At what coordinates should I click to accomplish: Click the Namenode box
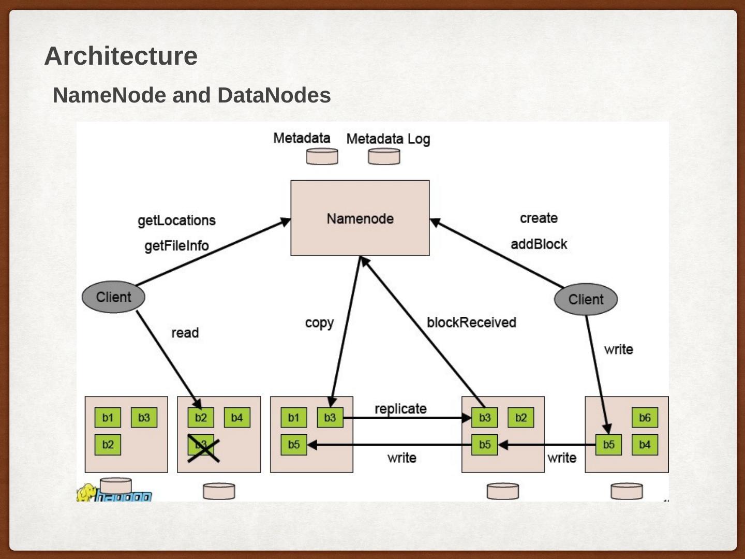360,218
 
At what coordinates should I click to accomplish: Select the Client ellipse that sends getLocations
113,297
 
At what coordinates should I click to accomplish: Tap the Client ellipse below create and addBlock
586,299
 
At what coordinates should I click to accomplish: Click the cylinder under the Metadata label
322,156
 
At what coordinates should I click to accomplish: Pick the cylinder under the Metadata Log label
384,156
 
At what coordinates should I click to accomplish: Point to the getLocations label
176,220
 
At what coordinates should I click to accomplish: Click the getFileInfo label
176,246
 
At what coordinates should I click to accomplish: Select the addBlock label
539,244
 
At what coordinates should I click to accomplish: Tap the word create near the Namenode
539,218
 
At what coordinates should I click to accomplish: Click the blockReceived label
471,322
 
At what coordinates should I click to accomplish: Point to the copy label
319,322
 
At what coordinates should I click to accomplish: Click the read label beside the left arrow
185,333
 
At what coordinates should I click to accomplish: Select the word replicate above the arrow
400,409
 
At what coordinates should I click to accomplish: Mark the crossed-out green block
201,445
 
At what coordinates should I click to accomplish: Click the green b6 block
645,418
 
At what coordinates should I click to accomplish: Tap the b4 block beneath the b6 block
645,445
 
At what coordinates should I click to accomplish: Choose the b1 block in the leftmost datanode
108,418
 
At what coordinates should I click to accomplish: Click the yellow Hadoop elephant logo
86,492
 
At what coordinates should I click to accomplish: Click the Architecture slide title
121,56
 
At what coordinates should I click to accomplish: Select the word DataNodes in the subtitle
274,95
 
